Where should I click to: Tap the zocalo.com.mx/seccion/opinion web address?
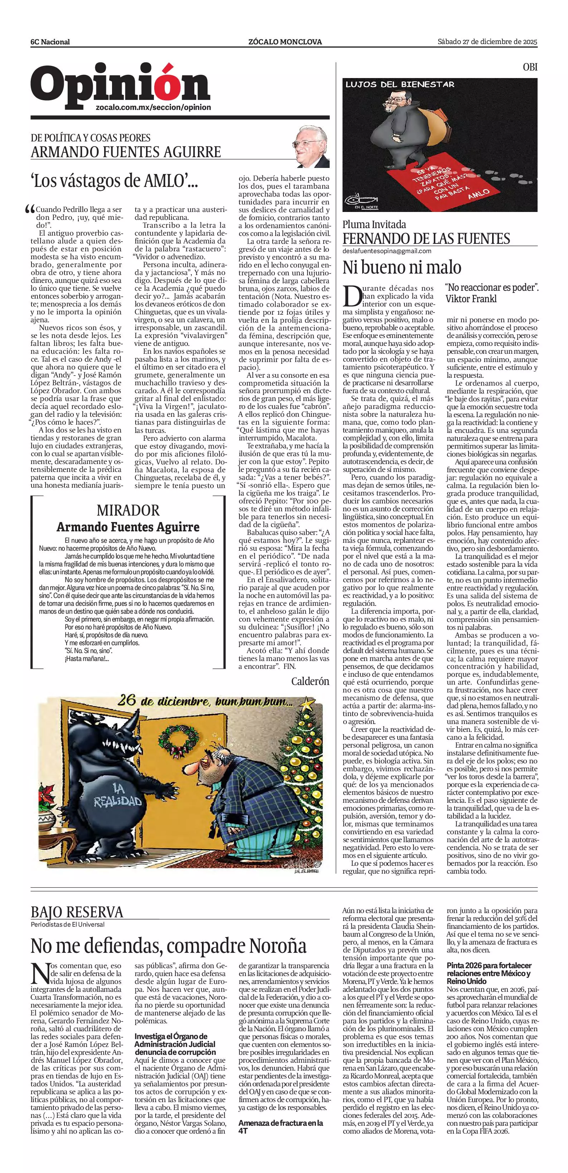point(154,107)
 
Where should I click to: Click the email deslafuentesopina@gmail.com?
point(387,251)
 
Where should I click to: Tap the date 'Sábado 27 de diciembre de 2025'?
point(487,42)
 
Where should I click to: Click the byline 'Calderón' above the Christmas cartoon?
point(310,681)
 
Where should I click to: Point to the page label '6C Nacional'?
point(50,42)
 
